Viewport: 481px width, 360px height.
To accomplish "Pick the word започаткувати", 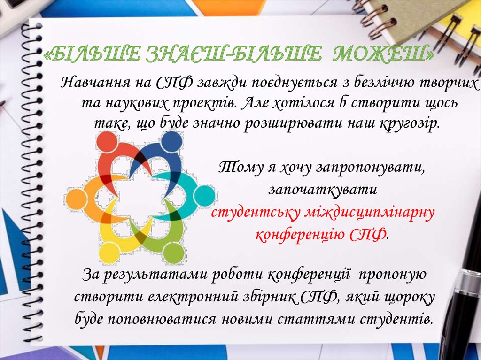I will coord(323,190).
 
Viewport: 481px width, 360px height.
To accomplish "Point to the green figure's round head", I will coord(172,253).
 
